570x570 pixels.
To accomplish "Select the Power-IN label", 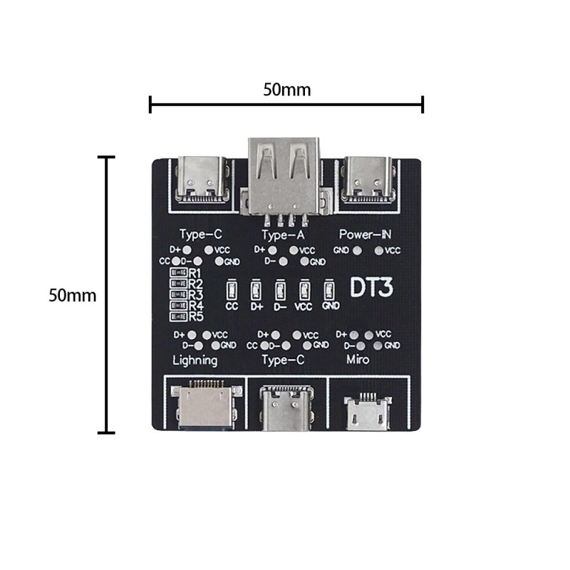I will tap(365, 234).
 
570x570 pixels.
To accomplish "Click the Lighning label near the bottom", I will tap(195, 360).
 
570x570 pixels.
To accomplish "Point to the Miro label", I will tap(358, 360).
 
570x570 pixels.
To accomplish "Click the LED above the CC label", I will tap(231, 290).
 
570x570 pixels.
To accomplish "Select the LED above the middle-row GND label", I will tap(328, 290).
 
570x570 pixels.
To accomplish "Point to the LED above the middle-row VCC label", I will tap(304, 290).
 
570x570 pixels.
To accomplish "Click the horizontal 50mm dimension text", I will tap(286, 90).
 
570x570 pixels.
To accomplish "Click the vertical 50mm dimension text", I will tap(72, 295).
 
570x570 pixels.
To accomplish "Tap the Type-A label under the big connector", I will tap(283, 234).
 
